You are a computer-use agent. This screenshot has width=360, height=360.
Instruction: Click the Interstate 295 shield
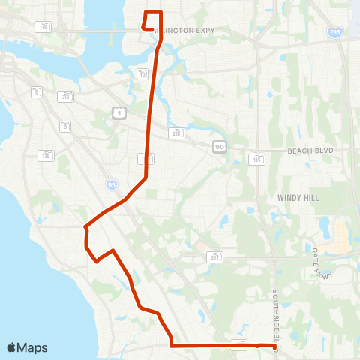[x=334, y=33]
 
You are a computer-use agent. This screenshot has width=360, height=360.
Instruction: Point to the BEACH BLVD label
[x=309, y=151]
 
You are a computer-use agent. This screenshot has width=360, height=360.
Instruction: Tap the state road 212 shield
[x=66, y=96]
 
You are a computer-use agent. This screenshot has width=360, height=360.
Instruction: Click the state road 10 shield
[x=142, y=73]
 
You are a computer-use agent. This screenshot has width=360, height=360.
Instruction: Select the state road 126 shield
[x=46, y=155]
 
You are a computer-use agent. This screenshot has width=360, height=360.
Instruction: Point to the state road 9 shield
[x=66, y=126]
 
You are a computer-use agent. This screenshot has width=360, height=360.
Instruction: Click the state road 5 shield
[x=36, y=91]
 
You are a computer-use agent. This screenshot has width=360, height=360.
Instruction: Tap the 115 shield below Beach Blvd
[x=257, y=159]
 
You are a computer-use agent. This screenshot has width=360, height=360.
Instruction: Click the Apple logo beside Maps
[x=11, y=347]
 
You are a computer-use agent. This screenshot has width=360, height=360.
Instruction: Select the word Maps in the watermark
[x=32, y=347]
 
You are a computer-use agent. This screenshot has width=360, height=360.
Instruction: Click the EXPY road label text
[x=202, y=31]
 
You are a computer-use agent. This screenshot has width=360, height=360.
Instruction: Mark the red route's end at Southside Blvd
[x=274, y=346]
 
